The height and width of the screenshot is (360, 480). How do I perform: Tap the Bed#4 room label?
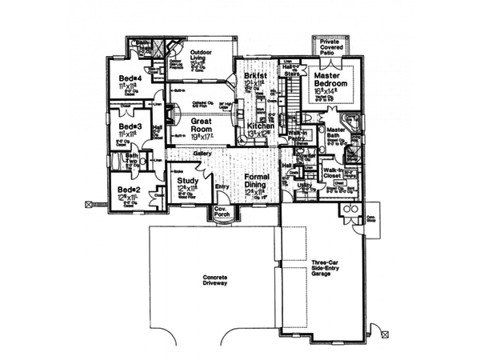coord(130,78)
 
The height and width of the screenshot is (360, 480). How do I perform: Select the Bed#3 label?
coord(130,126)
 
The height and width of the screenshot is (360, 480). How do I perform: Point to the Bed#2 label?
coord(128,189)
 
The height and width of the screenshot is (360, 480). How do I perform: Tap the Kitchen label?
coord(261,126)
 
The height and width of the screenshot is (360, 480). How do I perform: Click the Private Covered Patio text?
coord(330,46)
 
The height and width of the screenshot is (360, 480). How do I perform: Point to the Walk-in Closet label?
coord(334,173)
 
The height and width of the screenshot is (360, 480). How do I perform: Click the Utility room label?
coord(303,185)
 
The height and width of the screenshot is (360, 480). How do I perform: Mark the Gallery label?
coord(202,154)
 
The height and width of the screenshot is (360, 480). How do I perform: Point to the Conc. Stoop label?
coord(371,218)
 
